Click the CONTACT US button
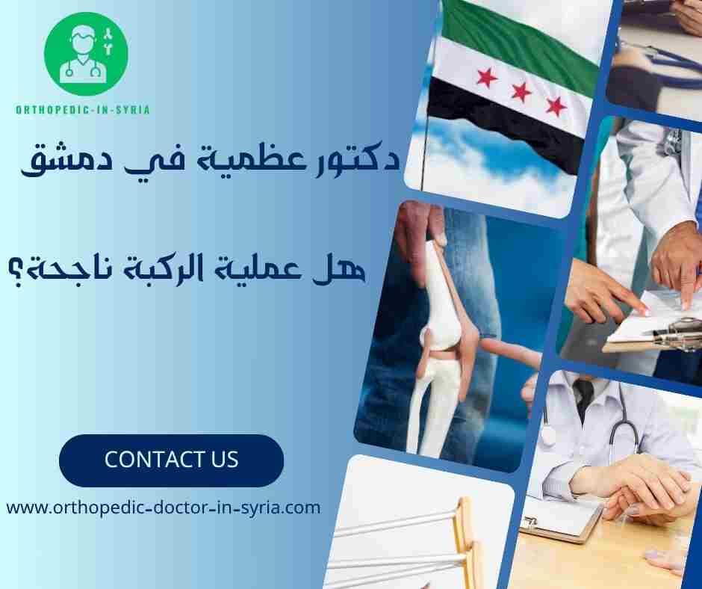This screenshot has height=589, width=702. [x=171, y=460]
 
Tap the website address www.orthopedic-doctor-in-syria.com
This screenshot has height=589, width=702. [x=164, y=508]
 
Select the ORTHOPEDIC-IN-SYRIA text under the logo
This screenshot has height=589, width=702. [x=83, y=110]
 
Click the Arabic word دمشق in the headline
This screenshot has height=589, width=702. [x=52, y=159]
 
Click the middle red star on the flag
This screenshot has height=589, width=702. [x=521, y=92]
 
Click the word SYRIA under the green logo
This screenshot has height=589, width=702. [x=132, y=110]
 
